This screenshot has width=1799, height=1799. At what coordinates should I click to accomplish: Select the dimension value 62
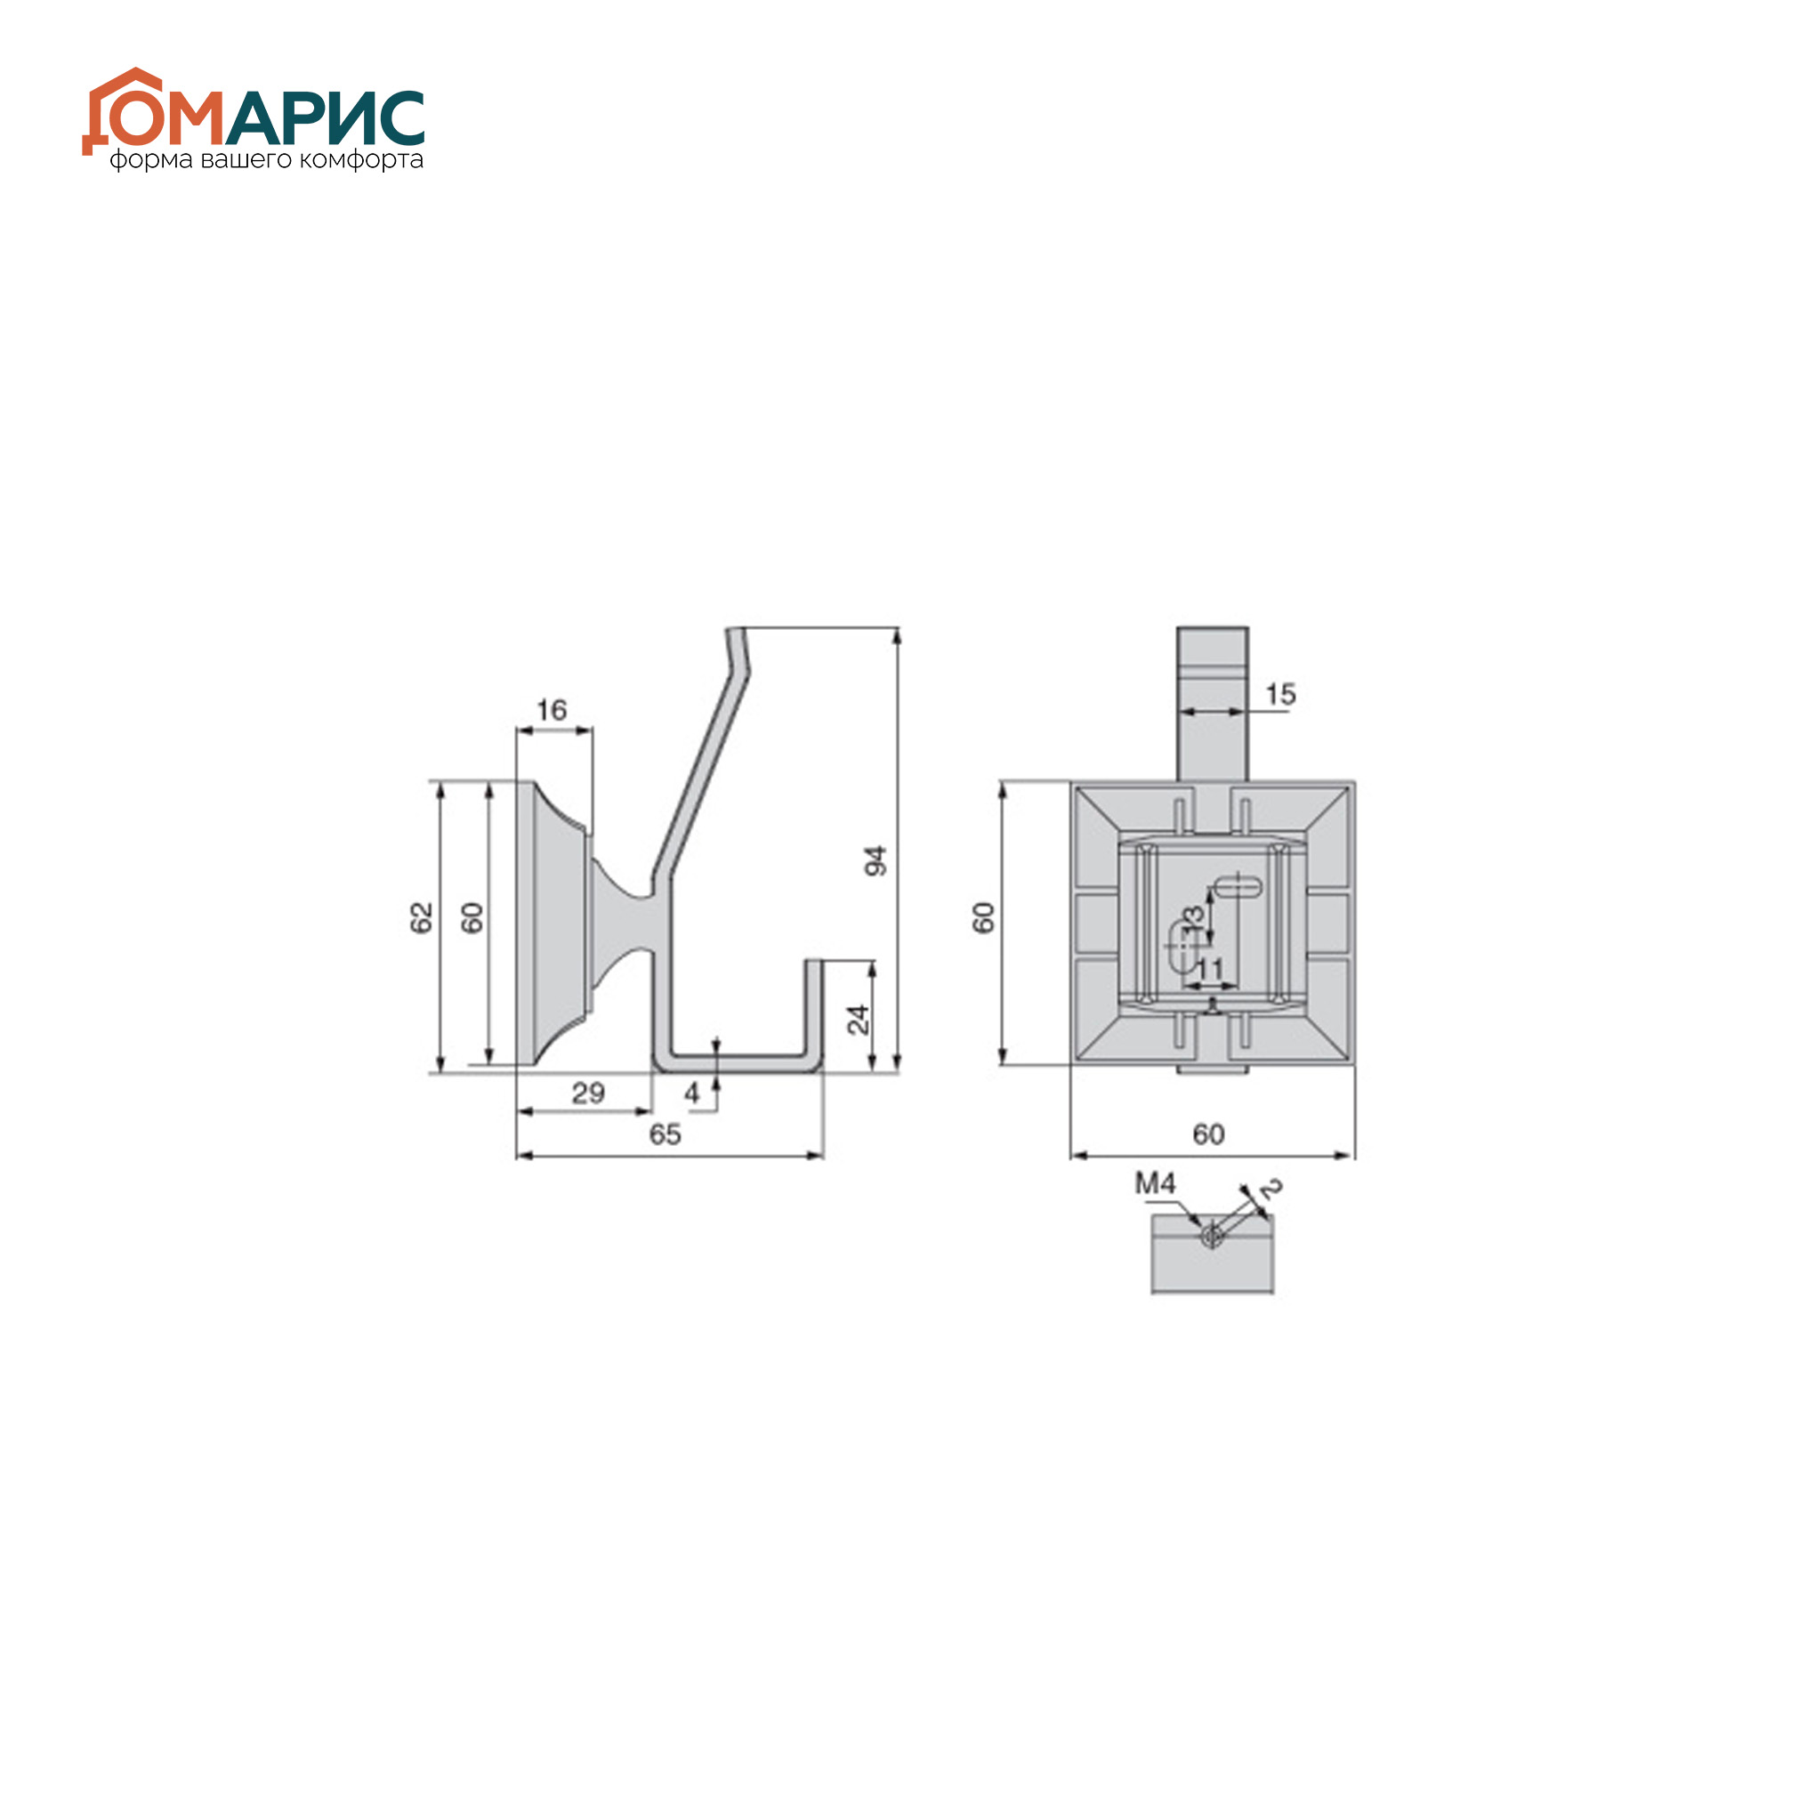coord(422,917)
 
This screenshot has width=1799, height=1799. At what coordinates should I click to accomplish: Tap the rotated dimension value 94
coord(875,860)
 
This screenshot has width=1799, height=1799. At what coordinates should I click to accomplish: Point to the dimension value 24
coord(858,1020)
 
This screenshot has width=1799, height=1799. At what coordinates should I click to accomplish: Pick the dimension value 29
coord(587,1093)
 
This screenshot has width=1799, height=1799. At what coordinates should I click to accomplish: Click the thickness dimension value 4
coord(692,1093)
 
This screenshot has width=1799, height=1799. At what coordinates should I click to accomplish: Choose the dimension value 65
coord(665,1134)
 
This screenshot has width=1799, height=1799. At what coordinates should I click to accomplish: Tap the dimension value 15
coord(1280,694)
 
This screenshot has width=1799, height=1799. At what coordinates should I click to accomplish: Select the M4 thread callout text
coord(1155,1183)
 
